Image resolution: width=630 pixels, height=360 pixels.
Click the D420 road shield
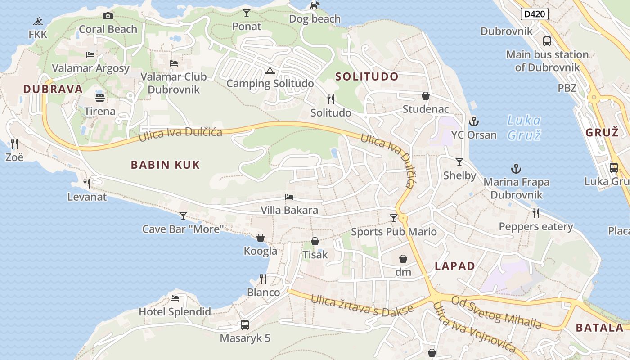[535, 14]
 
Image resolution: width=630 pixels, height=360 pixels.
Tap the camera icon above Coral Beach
[108, 16]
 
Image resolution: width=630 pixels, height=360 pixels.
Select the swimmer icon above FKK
[38, 21]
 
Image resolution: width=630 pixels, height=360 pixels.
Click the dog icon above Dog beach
[315, 5]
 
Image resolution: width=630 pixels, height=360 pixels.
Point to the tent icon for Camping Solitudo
[270, 70]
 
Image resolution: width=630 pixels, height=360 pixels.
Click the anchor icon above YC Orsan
[473, 121]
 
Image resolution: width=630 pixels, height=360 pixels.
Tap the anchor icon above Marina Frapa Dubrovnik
[516, 169]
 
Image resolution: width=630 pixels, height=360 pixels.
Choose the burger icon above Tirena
[100, 97]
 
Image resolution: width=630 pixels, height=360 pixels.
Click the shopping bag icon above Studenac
[425, 96]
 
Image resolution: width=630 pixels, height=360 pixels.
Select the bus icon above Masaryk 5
[245, 324]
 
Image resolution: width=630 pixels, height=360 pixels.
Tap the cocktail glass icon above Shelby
[459, 162]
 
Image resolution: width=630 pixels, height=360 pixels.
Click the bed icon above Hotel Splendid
[175, 298]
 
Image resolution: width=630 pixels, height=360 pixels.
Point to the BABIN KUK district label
[165, 165]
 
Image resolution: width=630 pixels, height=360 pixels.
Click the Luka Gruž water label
[524, 127]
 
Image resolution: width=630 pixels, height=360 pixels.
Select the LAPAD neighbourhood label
[455, 265]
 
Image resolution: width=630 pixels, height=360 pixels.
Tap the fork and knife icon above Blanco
[263, 279]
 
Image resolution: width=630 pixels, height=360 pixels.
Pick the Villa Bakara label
[289, 210]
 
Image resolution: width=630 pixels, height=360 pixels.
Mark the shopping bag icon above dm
[403, 259]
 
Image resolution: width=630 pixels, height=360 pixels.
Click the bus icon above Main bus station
[547, 41]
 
